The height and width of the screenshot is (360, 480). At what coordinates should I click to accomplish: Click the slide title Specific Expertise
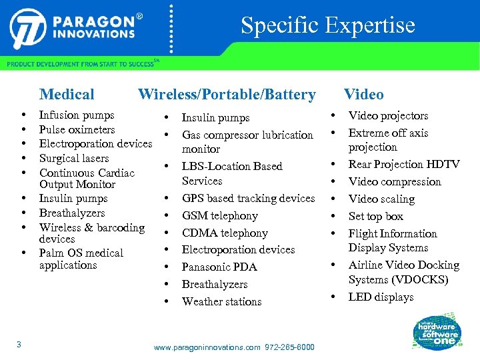[x=327, y=25]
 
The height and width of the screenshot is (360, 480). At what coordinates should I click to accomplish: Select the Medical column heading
[x=67, y=95]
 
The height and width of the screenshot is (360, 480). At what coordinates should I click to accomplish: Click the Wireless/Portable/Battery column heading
[x=227, y=95]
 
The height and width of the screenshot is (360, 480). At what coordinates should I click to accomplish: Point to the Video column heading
[x=363, y=95]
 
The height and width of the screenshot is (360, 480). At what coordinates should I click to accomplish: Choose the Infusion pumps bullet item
[x=77, y=115]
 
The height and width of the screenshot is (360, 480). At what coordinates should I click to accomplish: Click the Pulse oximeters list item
[x=77, y=129]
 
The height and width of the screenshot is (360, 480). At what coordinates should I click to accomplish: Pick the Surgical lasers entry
[x=74, y=158]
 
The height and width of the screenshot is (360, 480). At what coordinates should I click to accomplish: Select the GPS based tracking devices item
[x=248, y=198]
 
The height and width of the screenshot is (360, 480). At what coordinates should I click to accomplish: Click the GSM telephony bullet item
[x=219, y=215]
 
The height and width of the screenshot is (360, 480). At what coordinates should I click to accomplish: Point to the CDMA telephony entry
[x=225, y=233]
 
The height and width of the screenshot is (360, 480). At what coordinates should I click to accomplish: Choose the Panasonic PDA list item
[x=219, y=267]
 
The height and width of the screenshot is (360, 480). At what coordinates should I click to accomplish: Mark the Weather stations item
[x=221, y=301]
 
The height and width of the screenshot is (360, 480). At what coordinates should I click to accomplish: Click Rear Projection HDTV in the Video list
[x=404, y=164]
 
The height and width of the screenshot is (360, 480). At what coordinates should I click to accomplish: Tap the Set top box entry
[x=376, y=216]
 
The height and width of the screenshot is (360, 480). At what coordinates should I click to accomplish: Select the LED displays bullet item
[x=381, y=297]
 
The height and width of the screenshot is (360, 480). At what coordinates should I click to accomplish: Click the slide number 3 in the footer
[x=19, y=344]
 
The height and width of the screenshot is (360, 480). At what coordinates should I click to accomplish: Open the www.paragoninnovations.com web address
[x=207, y=347]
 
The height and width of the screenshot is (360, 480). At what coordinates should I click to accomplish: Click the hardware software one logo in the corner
[x=437, y=331]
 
